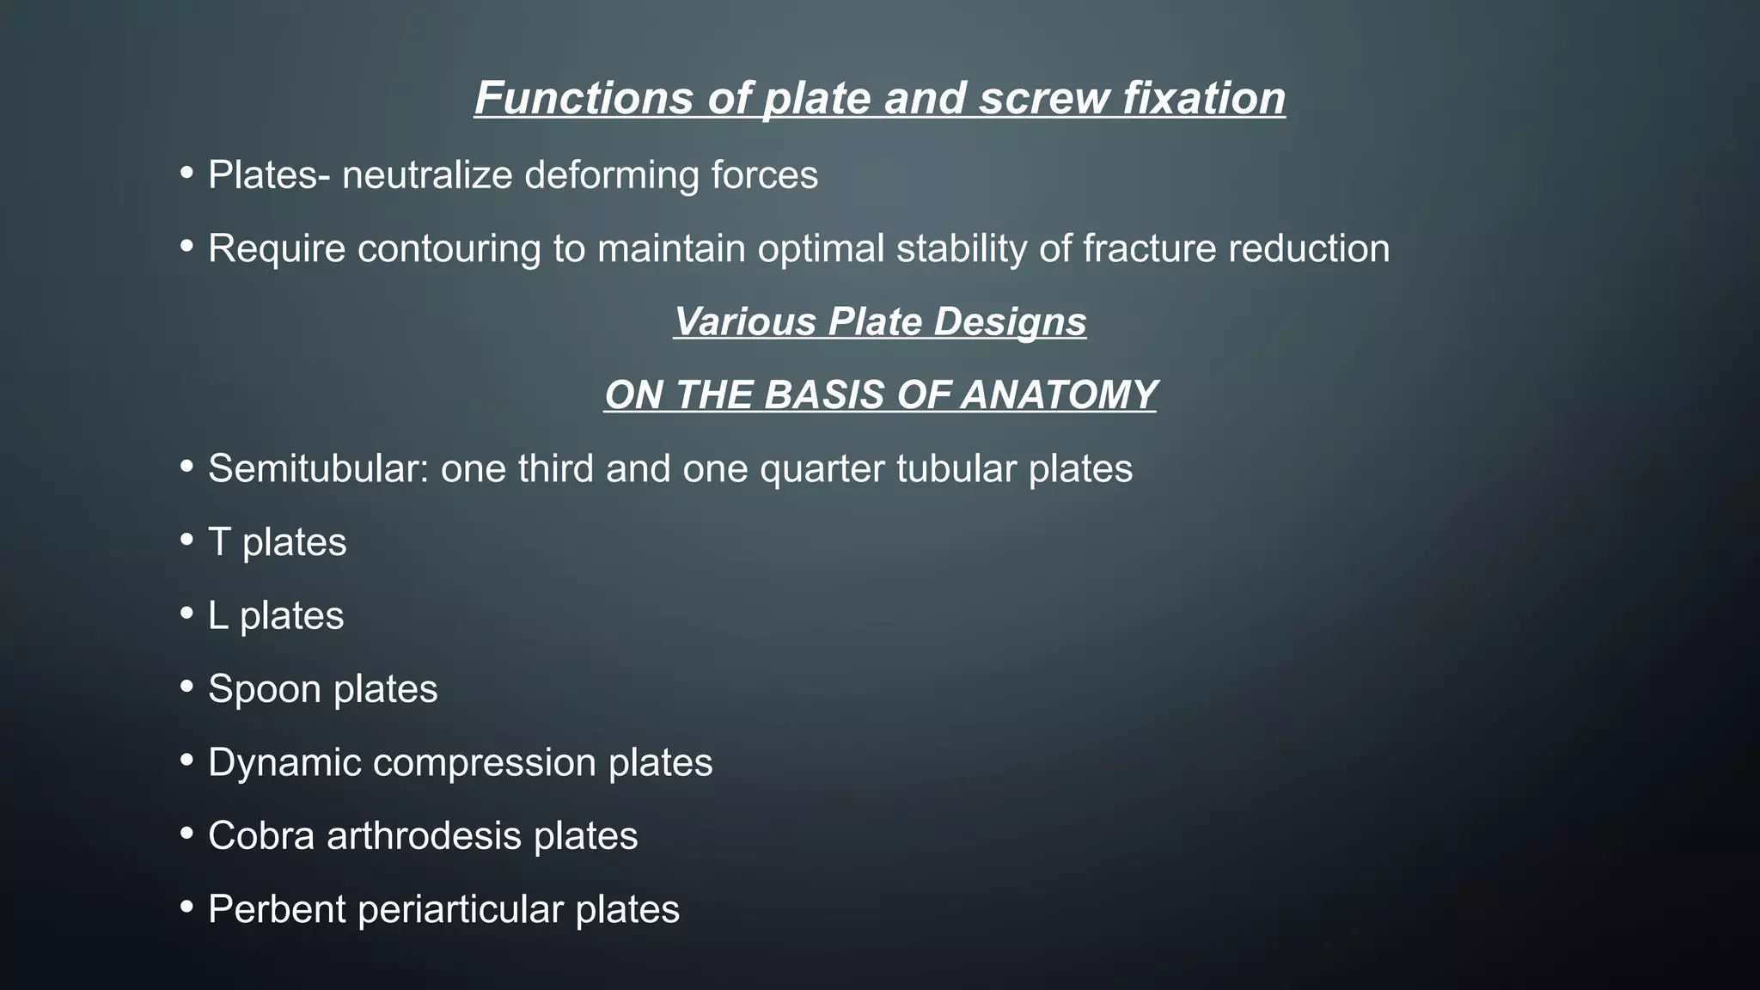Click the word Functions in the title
click(584, 97)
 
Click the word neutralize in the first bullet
click(426, 175)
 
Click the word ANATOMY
click(1059, 395)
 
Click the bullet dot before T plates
click(187, 541)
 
